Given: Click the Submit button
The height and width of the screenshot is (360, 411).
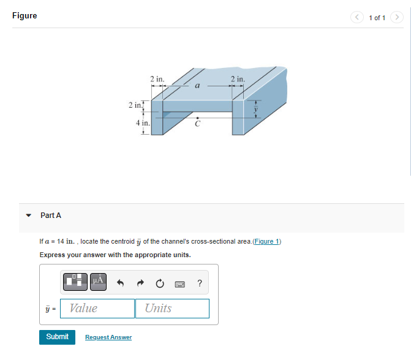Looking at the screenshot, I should point(57,337).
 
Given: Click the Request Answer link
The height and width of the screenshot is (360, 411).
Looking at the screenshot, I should point(108,337).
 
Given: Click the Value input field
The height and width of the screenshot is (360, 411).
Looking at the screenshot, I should point(97,308).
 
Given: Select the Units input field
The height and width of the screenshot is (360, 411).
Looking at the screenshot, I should point(172,308).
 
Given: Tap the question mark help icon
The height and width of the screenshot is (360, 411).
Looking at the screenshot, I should point(200,283).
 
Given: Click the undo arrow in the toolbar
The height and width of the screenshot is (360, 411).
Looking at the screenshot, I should point(121,283).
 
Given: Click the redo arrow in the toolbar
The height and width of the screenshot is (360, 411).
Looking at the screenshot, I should point(140,283).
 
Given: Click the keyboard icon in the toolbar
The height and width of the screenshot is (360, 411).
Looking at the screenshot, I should point(180,283).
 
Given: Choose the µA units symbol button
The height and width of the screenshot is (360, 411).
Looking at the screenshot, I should point(98,282).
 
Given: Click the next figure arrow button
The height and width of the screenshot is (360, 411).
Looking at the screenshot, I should point(397,17).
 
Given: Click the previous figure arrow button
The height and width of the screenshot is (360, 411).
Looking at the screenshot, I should point(358,17).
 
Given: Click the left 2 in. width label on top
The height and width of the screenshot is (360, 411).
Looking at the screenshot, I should point(157,79).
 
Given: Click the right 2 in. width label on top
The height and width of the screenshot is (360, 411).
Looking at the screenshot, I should point(238,79).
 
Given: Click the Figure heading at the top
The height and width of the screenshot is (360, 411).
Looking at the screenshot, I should point(25,16).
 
